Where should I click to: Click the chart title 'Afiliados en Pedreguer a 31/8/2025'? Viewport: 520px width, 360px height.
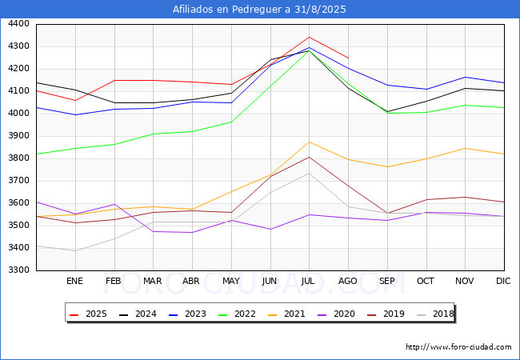tap(260, 10)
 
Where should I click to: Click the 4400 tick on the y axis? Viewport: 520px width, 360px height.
tap(19, 24)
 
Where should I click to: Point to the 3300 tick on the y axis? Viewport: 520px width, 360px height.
tap(19, 270)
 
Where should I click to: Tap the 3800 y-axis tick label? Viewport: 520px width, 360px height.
tap(19, 158)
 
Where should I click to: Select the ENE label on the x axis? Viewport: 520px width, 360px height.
tap(74, 281)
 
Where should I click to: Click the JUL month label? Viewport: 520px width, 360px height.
tap(309, 281)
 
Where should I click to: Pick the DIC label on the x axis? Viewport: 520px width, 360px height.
tap(503, 281)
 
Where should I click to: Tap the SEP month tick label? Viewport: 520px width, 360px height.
tap(387, 281)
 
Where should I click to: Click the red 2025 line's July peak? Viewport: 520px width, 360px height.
tap(309, 37)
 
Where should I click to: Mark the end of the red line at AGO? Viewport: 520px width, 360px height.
tap(348, 58)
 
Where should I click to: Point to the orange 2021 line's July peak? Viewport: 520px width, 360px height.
tap(309, 142)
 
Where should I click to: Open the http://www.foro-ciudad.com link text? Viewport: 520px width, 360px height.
tap(458, 347)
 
